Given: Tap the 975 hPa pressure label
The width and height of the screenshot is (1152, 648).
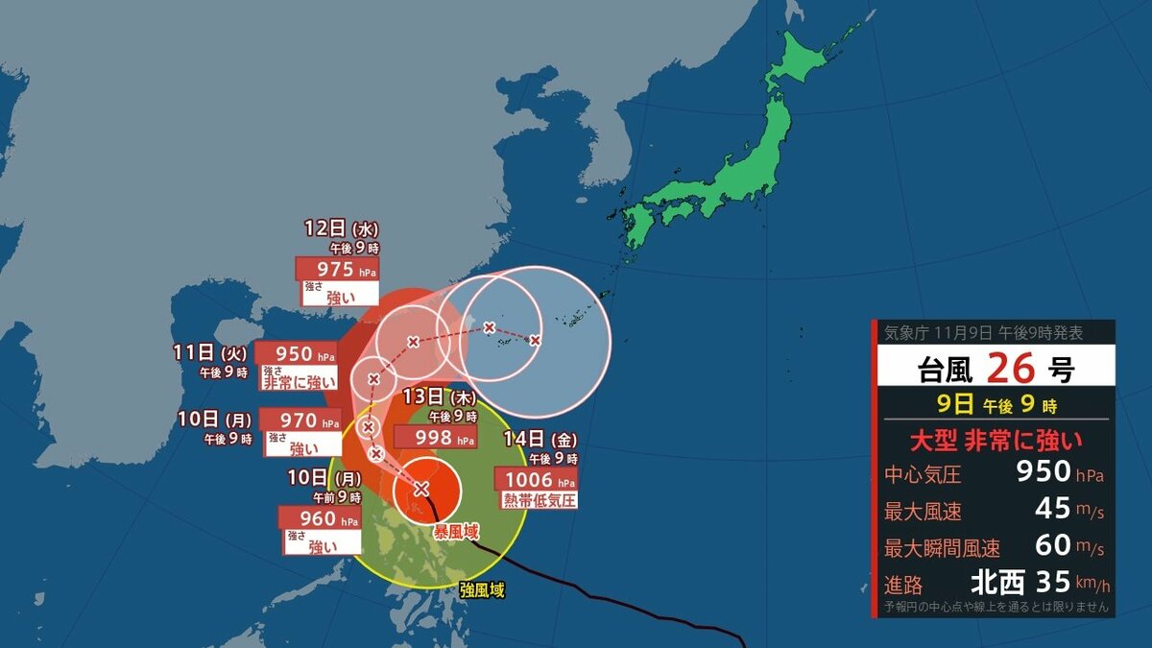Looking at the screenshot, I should point(336,269).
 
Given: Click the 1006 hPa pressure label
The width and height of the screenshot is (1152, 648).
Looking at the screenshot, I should point(536,480).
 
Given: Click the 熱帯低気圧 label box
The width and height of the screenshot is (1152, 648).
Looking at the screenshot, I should point(539,500).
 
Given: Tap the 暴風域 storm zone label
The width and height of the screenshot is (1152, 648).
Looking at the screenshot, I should point(455,531).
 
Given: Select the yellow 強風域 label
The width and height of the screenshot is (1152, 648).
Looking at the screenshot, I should point(482,590).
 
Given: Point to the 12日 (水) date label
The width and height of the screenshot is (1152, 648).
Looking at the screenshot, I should point(341,229).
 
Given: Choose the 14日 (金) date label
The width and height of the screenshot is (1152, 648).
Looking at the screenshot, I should point(540,441).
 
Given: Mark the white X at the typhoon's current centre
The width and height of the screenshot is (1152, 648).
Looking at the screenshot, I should point(420,489).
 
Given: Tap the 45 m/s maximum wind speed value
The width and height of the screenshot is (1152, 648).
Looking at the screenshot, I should point(1053,509).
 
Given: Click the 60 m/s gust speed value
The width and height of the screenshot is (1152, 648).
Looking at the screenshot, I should point(1053,545).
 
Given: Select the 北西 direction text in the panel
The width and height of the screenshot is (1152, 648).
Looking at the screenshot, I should point(998,582).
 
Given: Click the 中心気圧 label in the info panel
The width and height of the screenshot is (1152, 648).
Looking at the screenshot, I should point(923,474).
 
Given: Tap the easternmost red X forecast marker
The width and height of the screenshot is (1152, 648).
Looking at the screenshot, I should point(535,340).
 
